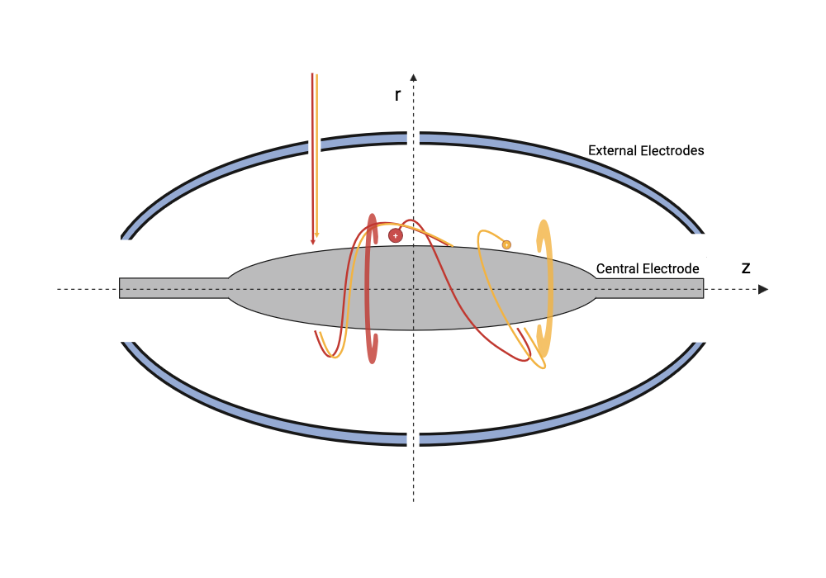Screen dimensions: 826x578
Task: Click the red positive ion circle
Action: (396, 236)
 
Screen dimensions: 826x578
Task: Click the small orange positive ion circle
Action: (506, 244)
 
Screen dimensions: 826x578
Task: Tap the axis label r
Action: (398, 95)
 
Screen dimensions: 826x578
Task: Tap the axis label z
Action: (745, 268)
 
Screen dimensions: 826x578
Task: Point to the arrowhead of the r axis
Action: (414, 78)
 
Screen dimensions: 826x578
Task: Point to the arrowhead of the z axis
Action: (763, 289)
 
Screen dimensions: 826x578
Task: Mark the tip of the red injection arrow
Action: (313, 244)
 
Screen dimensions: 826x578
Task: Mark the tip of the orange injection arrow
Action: (317, 238)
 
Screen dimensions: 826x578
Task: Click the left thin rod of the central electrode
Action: (173, 288)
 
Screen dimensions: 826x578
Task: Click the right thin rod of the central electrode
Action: (650, 288)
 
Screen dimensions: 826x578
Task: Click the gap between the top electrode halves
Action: (414, 139)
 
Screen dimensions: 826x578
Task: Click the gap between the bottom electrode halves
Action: (414, 439)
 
